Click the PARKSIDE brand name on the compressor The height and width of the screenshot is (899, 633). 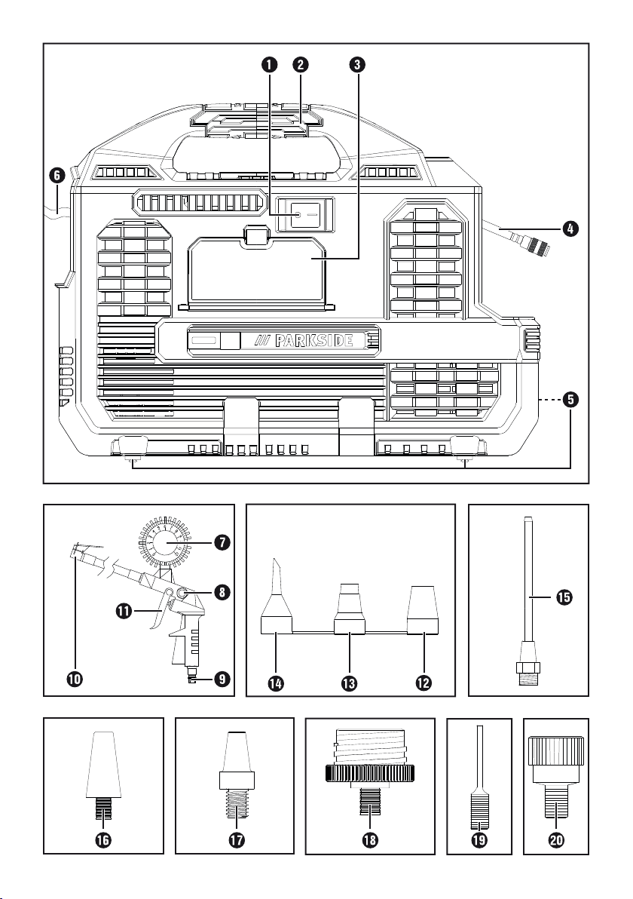(310, 341)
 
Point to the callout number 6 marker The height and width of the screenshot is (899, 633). (55, 175)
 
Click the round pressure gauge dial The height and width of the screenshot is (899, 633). (164, 541)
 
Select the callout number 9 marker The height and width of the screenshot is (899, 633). (220, 679)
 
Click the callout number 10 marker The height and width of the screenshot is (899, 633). (74, 679)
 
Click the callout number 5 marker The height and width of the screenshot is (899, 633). (573, 400)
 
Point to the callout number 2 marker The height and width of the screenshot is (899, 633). (301, 65)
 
